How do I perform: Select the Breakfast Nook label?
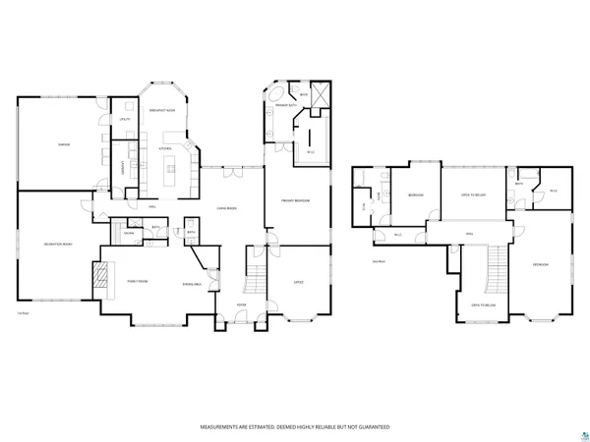pyautogui.click(x=163, y=110)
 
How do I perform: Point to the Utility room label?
pyautogui.click(x=125, y=120)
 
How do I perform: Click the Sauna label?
pyautogui.click(x=128, y=233)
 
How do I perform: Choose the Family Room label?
pyautogui.click(x=137, y=281)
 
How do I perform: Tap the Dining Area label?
pyautogui.click(x=192, y=284)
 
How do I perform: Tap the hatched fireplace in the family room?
pyautogui.click(x=98, y=279)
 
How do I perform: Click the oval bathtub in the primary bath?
pyautogui.click(x=271, y=103)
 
